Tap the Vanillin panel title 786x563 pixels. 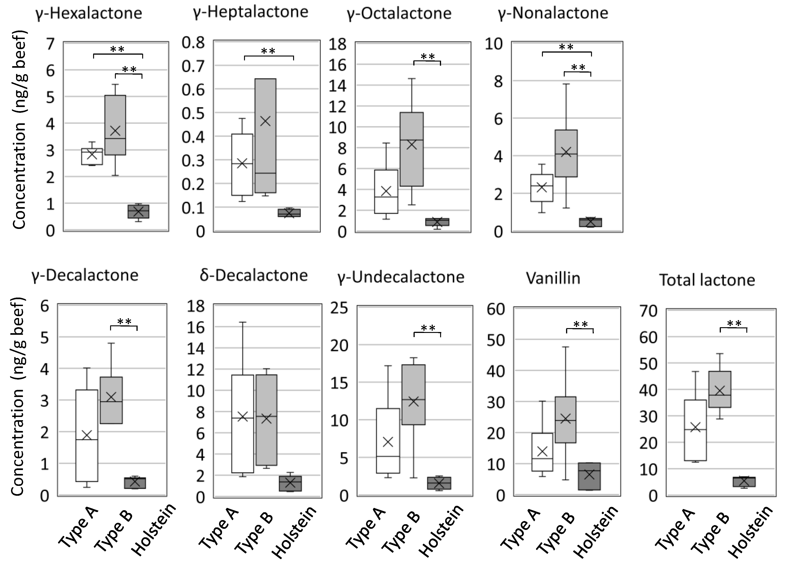click(553, 278)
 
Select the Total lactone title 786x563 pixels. click(707, 280)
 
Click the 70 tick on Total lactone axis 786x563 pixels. click(648, 311)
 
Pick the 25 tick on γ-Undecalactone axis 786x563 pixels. click(339, 308)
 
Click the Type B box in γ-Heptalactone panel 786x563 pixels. click(266, 146)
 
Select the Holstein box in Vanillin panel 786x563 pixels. click(589, 476)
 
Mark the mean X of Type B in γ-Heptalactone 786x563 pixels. click(266, 121)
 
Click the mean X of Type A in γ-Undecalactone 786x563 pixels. click(388, 442)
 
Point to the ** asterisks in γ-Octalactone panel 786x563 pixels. click(428, 56)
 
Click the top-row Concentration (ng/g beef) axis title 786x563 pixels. click(20, 130)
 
